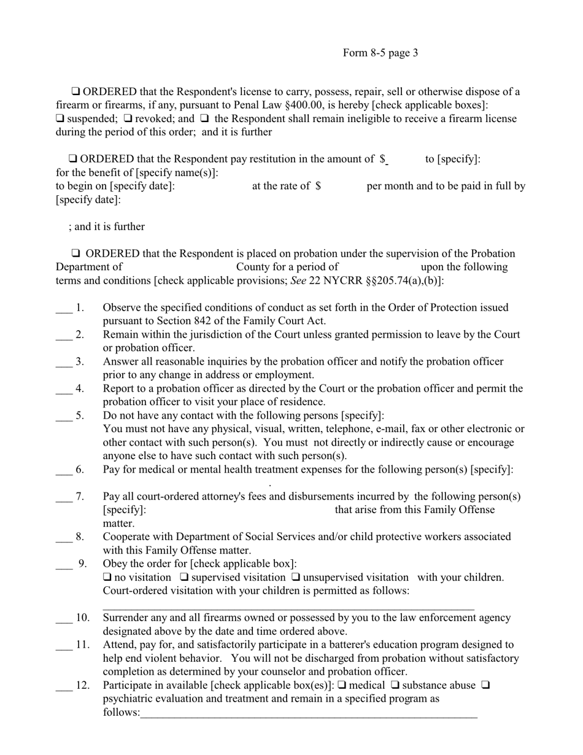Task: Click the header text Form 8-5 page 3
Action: tap(380, 53)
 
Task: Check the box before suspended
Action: tap(60, 119)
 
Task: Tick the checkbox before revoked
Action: tap(128, 119)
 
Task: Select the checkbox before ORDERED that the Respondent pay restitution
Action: tap(73, 160)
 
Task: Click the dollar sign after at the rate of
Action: tap(318, 186)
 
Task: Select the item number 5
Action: tap(80, 416)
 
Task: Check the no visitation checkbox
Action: tap(107, 578)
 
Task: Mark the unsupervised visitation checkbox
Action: tap(296, 578)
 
